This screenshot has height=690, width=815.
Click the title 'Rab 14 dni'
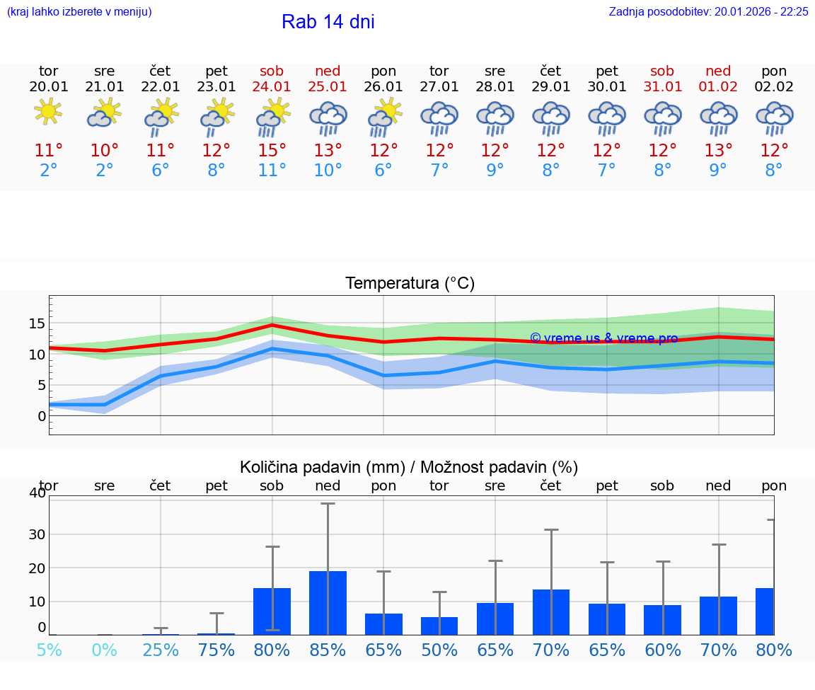328,22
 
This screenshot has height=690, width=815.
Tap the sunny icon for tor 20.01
48,112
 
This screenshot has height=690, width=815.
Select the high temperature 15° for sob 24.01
272,151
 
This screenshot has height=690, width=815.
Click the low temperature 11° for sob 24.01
272,171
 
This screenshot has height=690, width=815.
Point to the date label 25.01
328,86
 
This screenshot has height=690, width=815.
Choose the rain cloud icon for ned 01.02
718,117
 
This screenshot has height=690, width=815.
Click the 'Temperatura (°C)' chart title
410,284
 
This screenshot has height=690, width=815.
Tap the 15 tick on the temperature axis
37,323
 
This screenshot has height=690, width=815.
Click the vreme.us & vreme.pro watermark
603,338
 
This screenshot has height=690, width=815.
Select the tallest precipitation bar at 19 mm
328,602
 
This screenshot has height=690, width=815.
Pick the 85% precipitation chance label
328,650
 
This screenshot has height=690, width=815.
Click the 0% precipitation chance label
104,650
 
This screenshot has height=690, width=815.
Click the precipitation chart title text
409,467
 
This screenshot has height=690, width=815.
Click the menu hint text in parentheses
79,11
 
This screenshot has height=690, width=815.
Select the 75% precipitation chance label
216,650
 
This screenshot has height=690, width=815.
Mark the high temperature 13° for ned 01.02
718,151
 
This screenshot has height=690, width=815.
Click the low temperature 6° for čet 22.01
160,171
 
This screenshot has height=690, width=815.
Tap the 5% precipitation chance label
49,650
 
